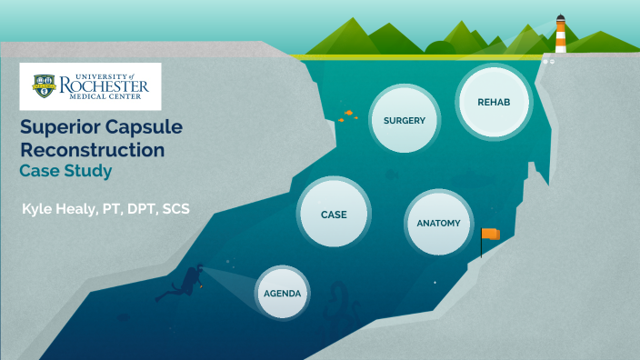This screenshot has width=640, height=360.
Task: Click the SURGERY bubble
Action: click(x=405, y=120)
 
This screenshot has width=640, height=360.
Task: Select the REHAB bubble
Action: click(x=494, y=102)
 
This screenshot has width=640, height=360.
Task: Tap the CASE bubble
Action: click(x=334, y=215)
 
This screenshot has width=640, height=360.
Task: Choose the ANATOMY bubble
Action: click(x=438, y=223)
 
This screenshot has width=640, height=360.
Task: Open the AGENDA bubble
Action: click(x=282, y=294)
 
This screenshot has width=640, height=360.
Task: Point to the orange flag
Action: click(x=491, y=235)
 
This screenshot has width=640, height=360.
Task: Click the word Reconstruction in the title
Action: click(x=93, y=149)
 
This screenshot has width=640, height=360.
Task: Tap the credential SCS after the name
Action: click(x=173, y=210)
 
